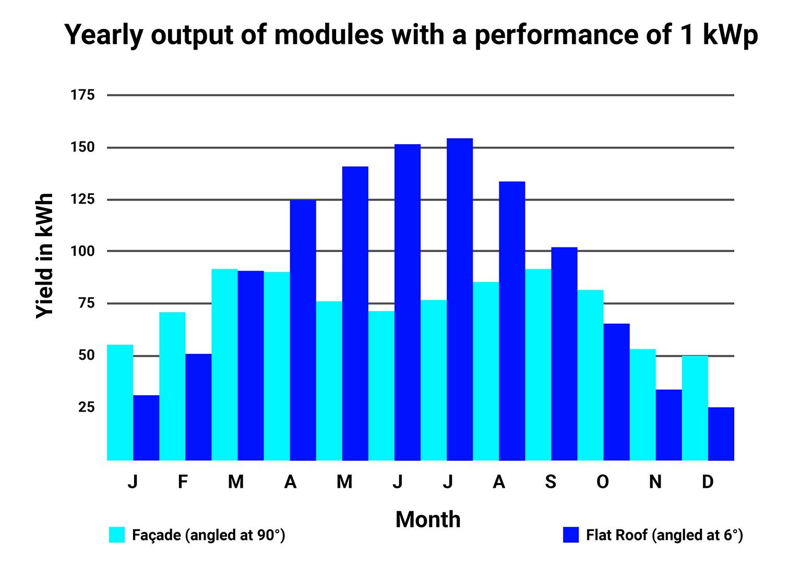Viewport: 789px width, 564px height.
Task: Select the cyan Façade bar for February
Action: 172,386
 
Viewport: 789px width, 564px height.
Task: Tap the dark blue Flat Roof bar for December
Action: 721,434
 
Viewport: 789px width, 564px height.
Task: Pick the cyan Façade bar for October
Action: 590,375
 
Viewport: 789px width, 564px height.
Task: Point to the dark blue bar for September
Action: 564,354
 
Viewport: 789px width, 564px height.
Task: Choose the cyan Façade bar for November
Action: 642,405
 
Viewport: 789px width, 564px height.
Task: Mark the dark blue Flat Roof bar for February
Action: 198,407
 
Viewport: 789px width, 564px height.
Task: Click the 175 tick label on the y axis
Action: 83,95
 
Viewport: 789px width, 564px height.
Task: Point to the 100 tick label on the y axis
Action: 83,251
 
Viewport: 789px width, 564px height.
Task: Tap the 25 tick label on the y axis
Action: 86,407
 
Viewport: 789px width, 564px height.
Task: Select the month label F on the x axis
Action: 182,482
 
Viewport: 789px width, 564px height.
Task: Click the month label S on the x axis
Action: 551,482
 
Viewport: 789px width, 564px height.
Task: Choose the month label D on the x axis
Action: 707,482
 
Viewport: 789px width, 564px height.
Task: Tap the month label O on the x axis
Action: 603,482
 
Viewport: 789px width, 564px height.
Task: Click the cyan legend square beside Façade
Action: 117,535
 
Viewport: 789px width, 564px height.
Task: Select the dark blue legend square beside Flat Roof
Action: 571,535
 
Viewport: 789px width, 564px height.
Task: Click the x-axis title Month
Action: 428,520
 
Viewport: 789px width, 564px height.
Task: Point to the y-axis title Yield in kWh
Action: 45,256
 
